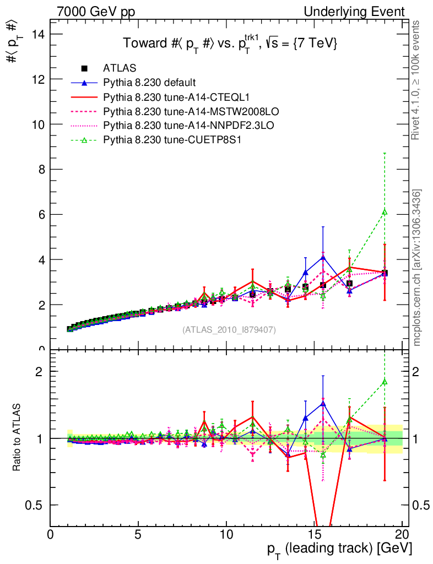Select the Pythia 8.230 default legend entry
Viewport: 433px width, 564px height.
(x=149, y=83)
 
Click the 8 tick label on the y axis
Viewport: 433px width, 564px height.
(x=40, y=169)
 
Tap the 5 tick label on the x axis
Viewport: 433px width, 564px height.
(x=138, y=535)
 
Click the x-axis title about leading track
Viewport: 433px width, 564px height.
(x=339, y=549)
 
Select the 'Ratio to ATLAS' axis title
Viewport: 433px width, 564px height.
(x=17, y=438)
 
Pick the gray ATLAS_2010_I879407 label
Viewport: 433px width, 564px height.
(x=229, y=329)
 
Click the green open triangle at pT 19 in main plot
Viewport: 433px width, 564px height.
(x=385, y=211)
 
